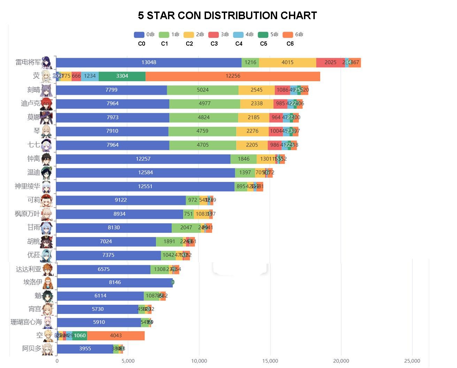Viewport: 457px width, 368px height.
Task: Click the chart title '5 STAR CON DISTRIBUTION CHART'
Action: pos(227,16)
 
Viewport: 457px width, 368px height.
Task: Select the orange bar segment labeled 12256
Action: pos(233,76)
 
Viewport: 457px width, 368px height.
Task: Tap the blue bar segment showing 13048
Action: pos(148,63)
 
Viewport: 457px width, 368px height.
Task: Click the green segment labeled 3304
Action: pos(122,76)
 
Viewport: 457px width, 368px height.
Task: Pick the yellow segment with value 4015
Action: pos(287,63)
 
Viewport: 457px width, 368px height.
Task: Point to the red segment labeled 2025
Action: pos(330,63)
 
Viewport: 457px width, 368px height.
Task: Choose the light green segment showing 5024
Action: pos(203,90)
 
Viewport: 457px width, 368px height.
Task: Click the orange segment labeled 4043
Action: pos(116,336)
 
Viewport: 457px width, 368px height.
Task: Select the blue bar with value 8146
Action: pos(115,283)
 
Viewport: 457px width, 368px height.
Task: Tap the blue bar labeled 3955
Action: pos(85,349)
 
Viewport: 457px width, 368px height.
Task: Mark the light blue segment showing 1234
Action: pos(90,76)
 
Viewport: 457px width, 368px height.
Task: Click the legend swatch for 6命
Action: pos(288,34)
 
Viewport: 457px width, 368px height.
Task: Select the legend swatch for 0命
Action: pos(139,34)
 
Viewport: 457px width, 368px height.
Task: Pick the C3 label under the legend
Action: pos(214,44)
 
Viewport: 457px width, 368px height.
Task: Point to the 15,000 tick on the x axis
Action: pos(270,361)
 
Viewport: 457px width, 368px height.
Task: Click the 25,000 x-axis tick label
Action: pos(412,361)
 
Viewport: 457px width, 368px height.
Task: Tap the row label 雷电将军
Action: pos(28,62)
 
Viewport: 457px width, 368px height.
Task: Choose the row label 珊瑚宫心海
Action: pos(26,322)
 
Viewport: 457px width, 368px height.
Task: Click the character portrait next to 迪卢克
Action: pos(47,104)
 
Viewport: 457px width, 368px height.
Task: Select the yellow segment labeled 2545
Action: pos(256,90)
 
